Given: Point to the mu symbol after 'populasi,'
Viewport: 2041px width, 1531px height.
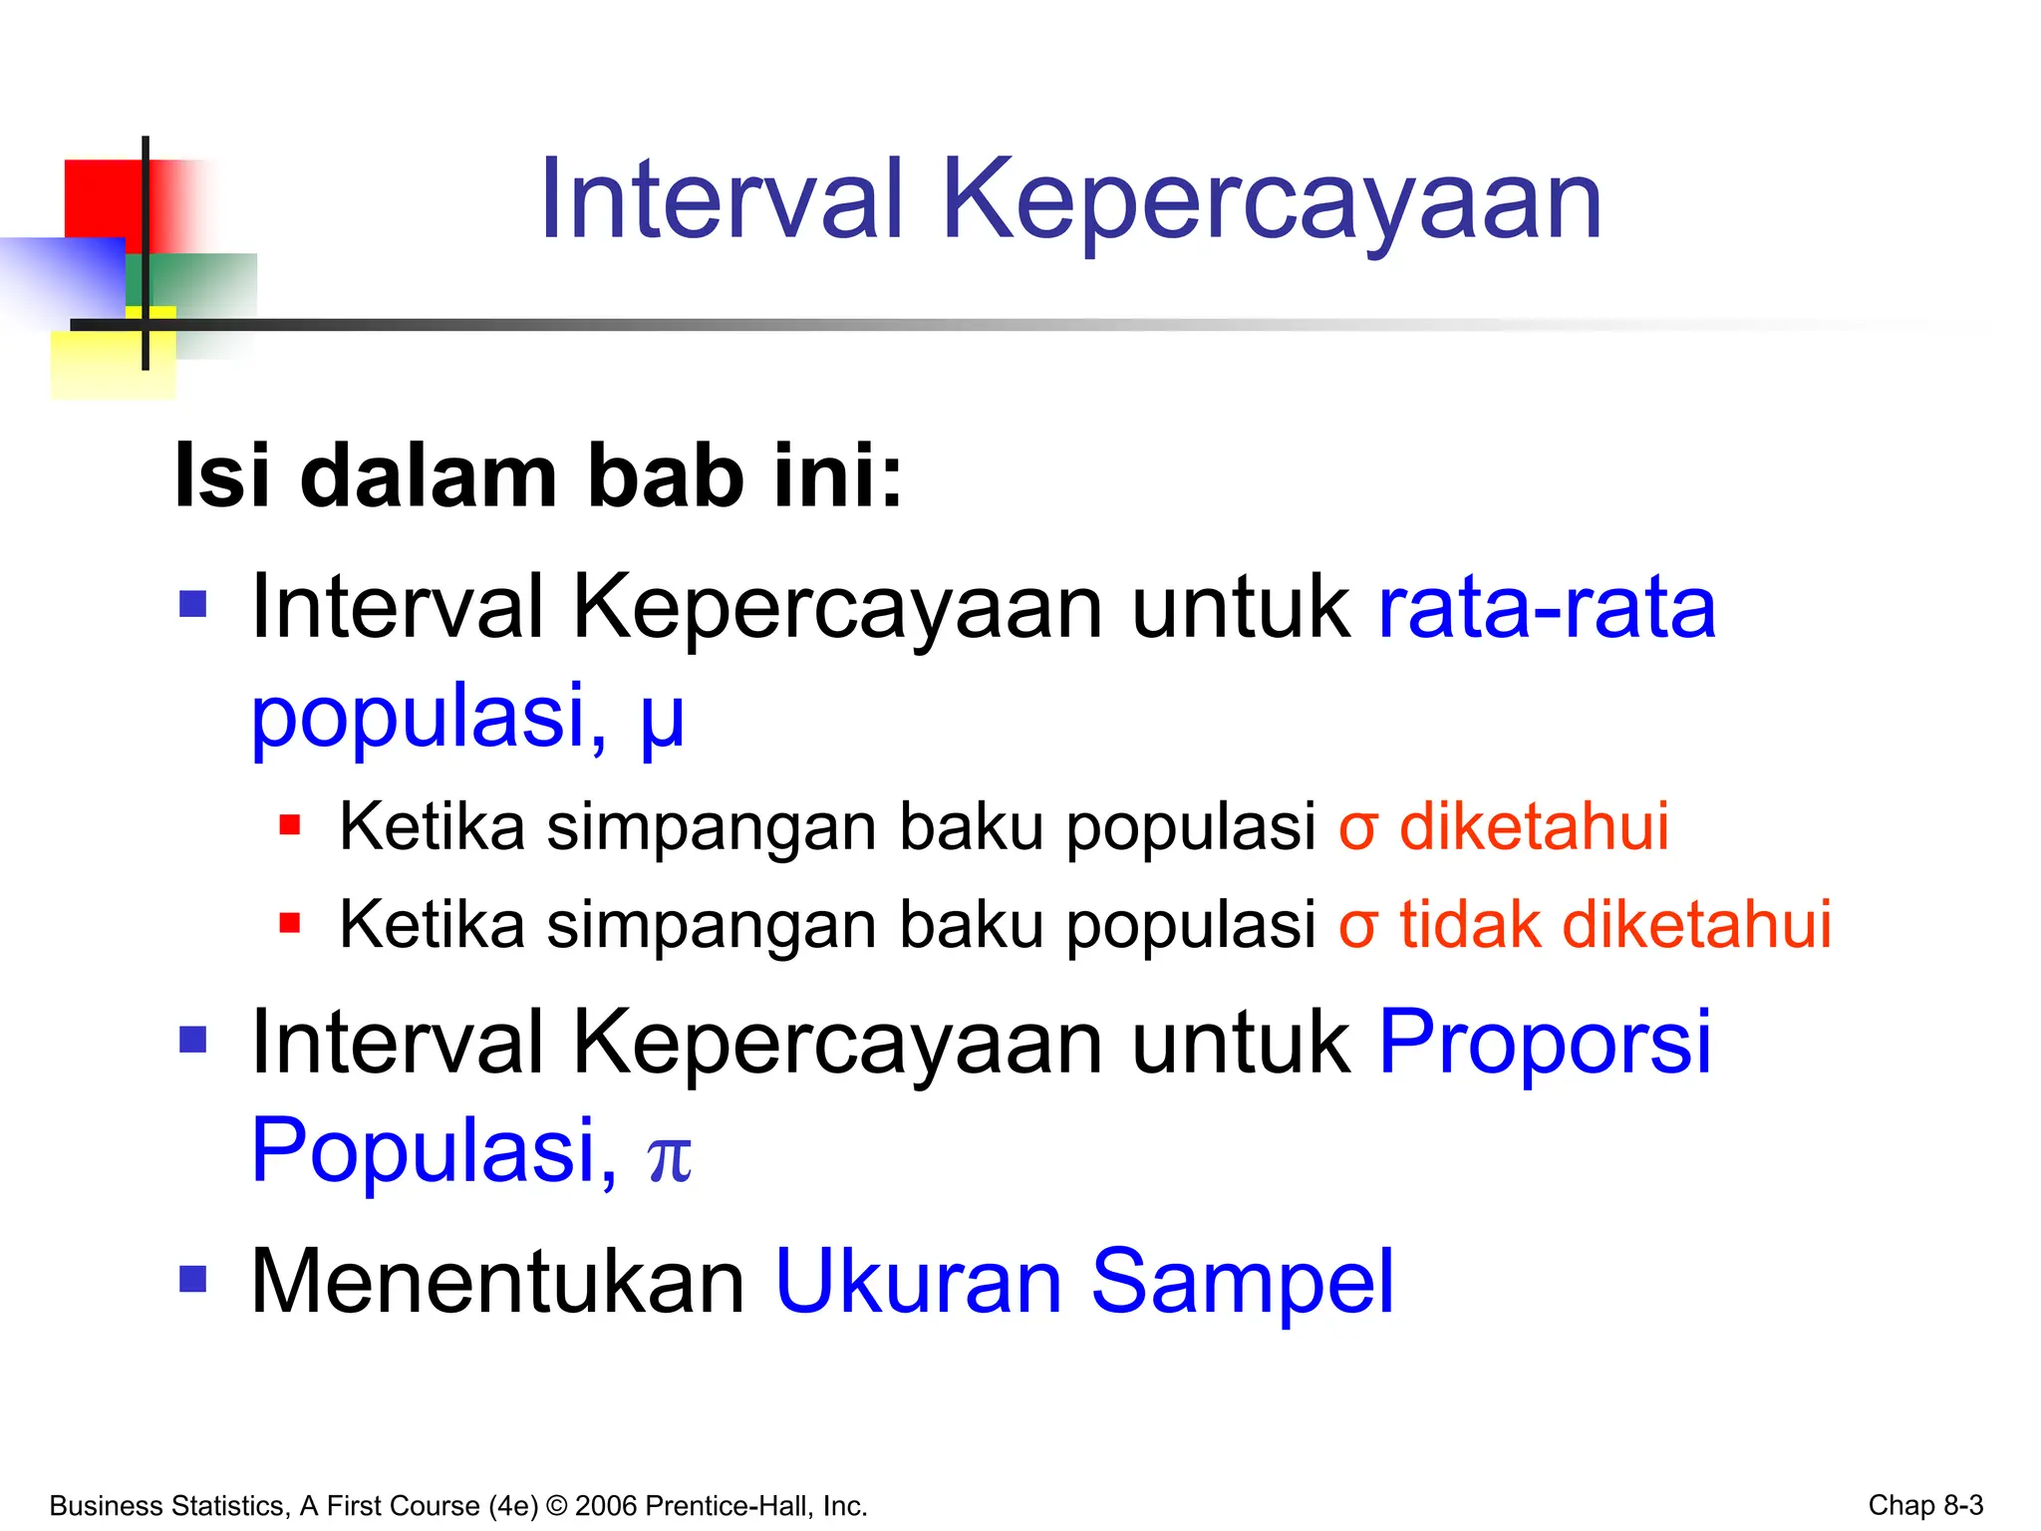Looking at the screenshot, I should coord(663,720).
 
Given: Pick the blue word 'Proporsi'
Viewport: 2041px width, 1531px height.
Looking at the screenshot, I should coord(1545,1043).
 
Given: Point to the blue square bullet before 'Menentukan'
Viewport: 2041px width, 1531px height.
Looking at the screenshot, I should coord(193,1279).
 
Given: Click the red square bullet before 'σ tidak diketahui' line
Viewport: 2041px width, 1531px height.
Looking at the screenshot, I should coord(290,923).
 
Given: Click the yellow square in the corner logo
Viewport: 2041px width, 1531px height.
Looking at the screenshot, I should coord(95,366).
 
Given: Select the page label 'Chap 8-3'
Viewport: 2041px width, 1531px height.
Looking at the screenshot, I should coord(1924,1505).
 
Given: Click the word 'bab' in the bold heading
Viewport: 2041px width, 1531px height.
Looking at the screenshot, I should coord(665,476).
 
